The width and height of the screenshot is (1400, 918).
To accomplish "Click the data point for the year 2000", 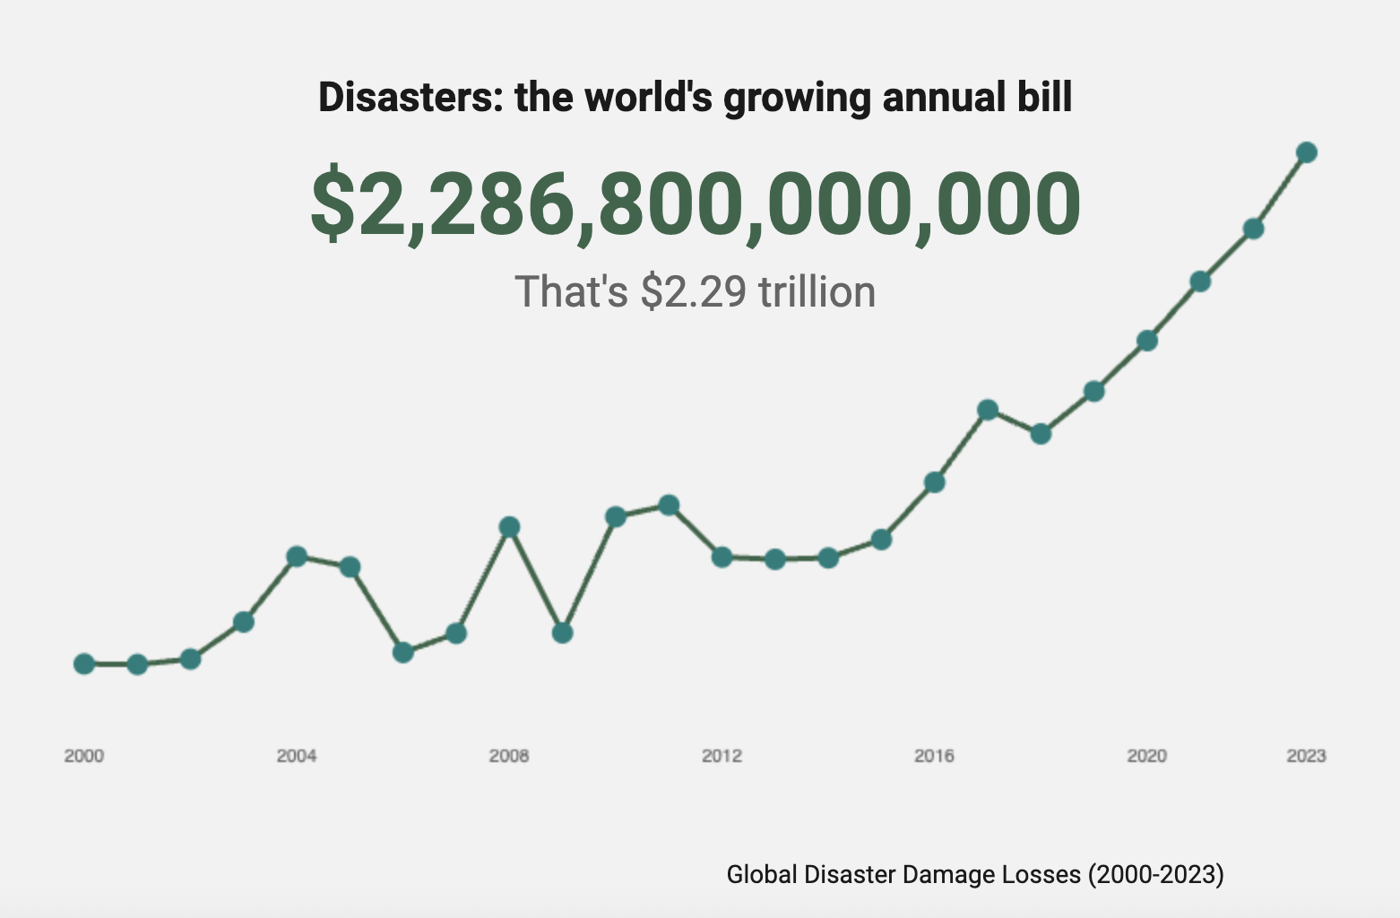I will [x=84, y=664].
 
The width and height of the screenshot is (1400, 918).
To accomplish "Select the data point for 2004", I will [x=297, y=557].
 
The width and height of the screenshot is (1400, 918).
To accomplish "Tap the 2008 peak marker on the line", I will [x=509, y=526].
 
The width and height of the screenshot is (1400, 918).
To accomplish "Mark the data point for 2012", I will [x=722, y=557].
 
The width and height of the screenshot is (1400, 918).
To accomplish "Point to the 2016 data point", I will [x=934, y=482].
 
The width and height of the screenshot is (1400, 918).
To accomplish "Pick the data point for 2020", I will [x=1146, y=341].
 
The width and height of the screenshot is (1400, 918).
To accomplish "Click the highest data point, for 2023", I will [x=1306, y=152].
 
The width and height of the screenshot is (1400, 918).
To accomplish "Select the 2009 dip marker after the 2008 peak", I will [x=562, y=633].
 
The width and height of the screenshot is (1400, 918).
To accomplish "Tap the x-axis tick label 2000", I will [x=84, y=756].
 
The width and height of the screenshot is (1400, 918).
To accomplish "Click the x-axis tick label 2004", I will [x=297, y=756].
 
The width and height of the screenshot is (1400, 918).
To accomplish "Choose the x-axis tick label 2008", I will [x=509, y=756].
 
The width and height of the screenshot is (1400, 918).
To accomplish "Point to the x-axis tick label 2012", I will [x=722, y=756].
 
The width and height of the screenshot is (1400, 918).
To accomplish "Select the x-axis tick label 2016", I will [x=934, y=756].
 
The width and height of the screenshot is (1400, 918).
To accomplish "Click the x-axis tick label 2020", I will [x=1146, y=756].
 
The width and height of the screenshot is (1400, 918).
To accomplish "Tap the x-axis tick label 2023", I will [x=1306, y=756].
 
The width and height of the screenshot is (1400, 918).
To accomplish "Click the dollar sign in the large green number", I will [x=333, y=204].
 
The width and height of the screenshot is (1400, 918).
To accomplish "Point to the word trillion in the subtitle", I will [x=817, y=292].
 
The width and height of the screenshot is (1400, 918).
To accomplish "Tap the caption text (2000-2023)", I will [x=1155, y=874].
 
